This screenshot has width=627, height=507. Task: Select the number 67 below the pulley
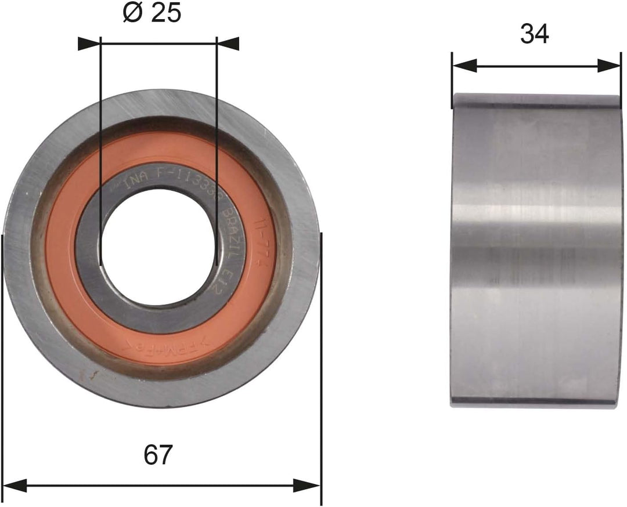point(158,454)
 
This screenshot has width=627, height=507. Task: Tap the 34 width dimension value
point(535,34)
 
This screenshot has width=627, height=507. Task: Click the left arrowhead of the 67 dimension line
point(15,485)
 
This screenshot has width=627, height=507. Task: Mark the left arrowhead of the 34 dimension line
point(464,66)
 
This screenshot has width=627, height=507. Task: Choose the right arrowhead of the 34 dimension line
point(609,66)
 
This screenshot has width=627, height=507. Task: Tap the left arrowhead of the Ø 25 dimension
point(89,44)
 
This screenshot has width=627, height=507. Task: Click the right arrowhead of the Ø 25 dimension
point(228,44)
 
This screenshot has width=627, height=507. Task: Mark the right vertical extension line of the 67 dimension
point(321,360)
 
